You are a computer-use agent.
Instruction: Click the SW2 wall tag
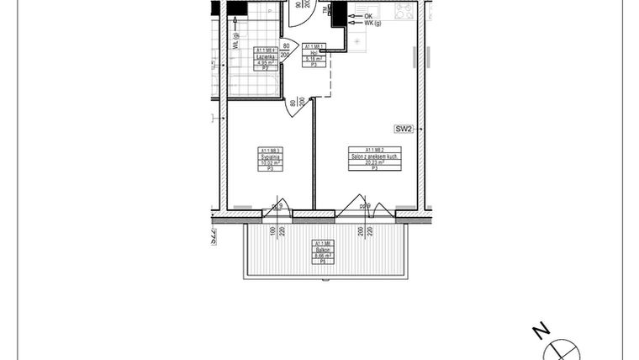click(x=404, y=129)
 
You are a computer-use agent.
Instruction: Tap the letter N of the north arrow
click(x=542, y=330)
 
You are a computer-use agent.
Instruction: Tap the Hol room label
click(x=313, y=54)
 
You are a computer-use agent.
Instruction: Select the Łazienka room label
click(x=267, y=56)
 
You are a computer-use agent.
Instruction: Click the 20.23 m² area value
click(x=373, y=163)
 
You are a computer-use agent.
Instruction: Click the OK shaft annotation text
click(x=368, y=16)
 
